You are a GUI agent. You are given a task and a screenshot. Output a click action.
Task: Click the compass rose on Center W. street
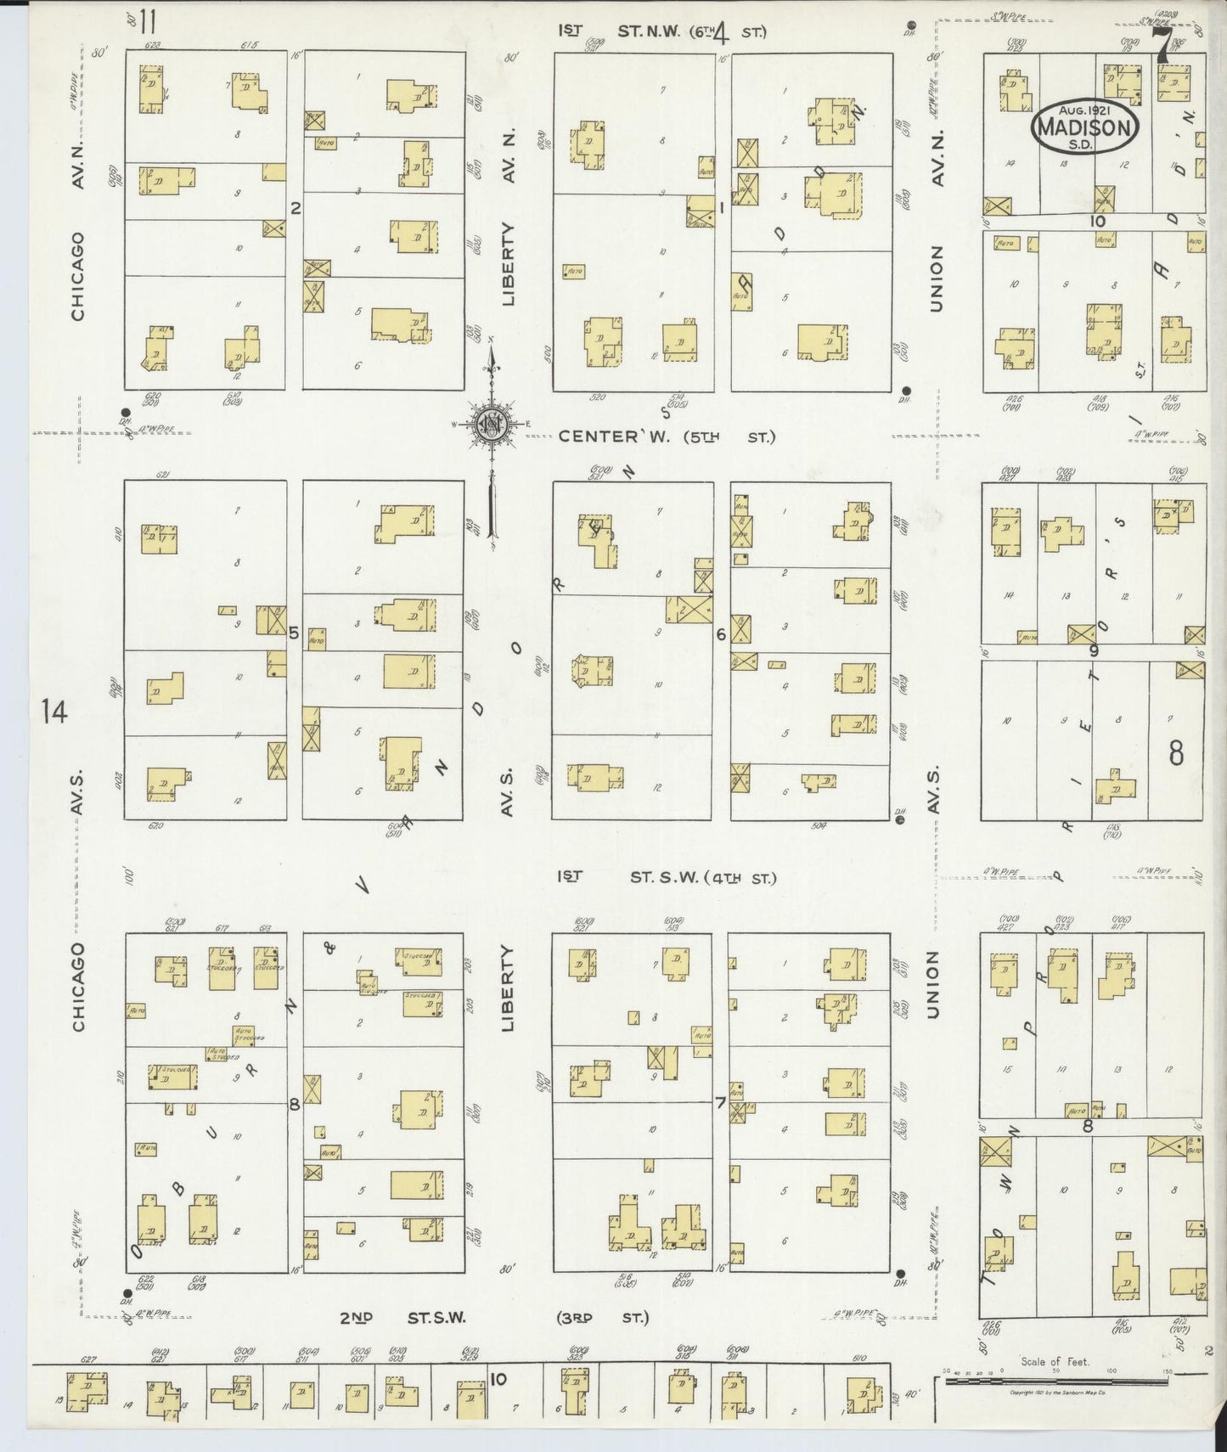pyautogui.click(x=491, y=425)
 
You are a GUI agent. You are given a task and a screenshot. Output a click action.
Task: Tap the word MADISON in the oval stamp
pyautogui.click(x=1084, y=128)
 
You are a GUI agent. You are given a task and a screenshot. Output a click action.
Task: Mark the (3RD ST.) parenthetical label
pyautogui.click(x=603, y=1342)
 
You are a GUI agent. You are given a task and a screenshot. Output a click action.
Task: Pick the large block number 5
pyautogui.click(x=294, y=633)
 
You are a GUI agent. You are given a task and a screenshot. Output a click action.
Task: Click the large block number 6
pyautogui.click(x=721, y=633)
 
